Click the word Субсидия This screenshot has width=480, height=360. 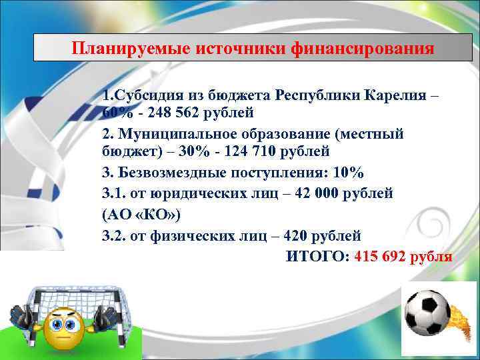(147, 94)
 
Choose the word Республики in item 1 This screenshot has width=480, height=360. (318, 94)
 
